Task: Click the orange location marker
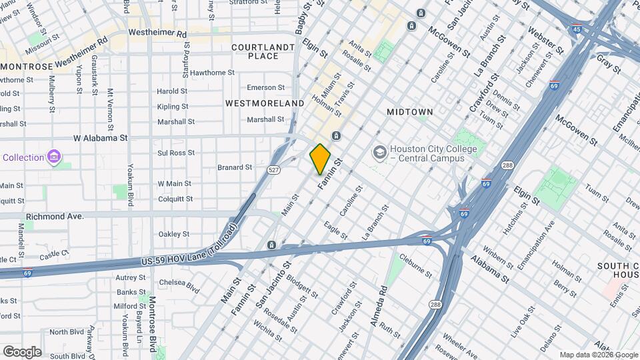(320, 159)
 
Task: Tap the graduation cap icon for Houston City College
(379, 153)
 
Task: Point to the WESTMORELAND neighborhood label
(265, 103)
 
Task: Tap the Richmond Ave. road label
(55, 217)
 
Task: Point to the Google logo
(21, 351)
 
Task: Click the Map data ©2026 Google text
(598, 355)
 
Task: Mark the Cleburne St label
(416, 264)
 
